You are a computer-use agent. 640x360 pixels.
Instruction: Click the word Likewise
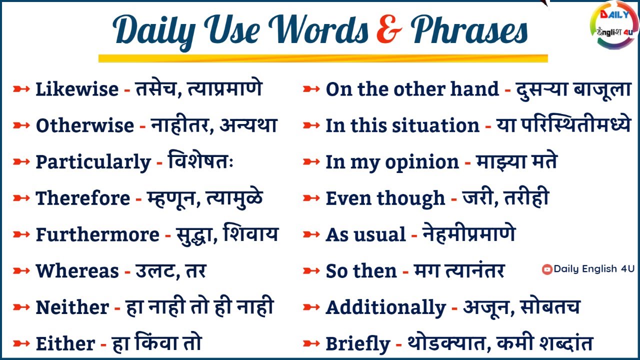point(77,89)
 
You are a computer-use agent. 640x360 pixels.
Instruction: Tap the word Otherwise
point(84,125)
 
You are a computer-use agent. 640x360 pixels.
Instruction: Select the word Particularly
point(93,162)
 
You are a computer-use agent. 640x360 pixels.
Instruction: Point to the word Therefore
point(83,198)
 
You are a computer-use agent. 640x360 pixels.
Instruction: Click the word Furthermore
point(97,234)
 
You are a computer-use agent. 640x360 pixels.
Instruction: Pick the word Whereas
point(77,271)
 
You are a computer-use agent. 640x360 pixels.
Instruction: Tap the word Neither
point(72,307)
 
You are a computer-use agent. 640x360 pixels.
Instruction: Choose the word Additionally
point(385,307)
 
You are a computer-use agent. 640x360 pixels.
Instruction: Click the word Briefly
point(357,344)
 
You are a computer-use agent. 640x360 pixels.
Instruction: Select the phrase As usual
point(365,234)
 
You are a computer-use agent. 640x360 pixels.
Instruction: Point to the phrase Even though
point(385,198)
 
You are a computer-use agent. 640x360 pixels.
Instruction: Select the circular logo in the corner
point(614,25)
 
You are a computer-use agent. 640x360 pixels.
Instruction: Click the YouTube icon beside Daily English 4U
point(547,269)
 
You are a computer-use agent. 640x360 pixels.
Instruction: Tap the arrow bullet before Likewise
point(21,89)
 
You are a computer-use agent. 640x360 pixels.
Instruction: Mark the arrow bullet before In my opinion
point(311,162)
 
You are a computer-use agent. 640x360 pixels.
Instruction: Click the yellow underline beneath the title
point(322,58)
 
